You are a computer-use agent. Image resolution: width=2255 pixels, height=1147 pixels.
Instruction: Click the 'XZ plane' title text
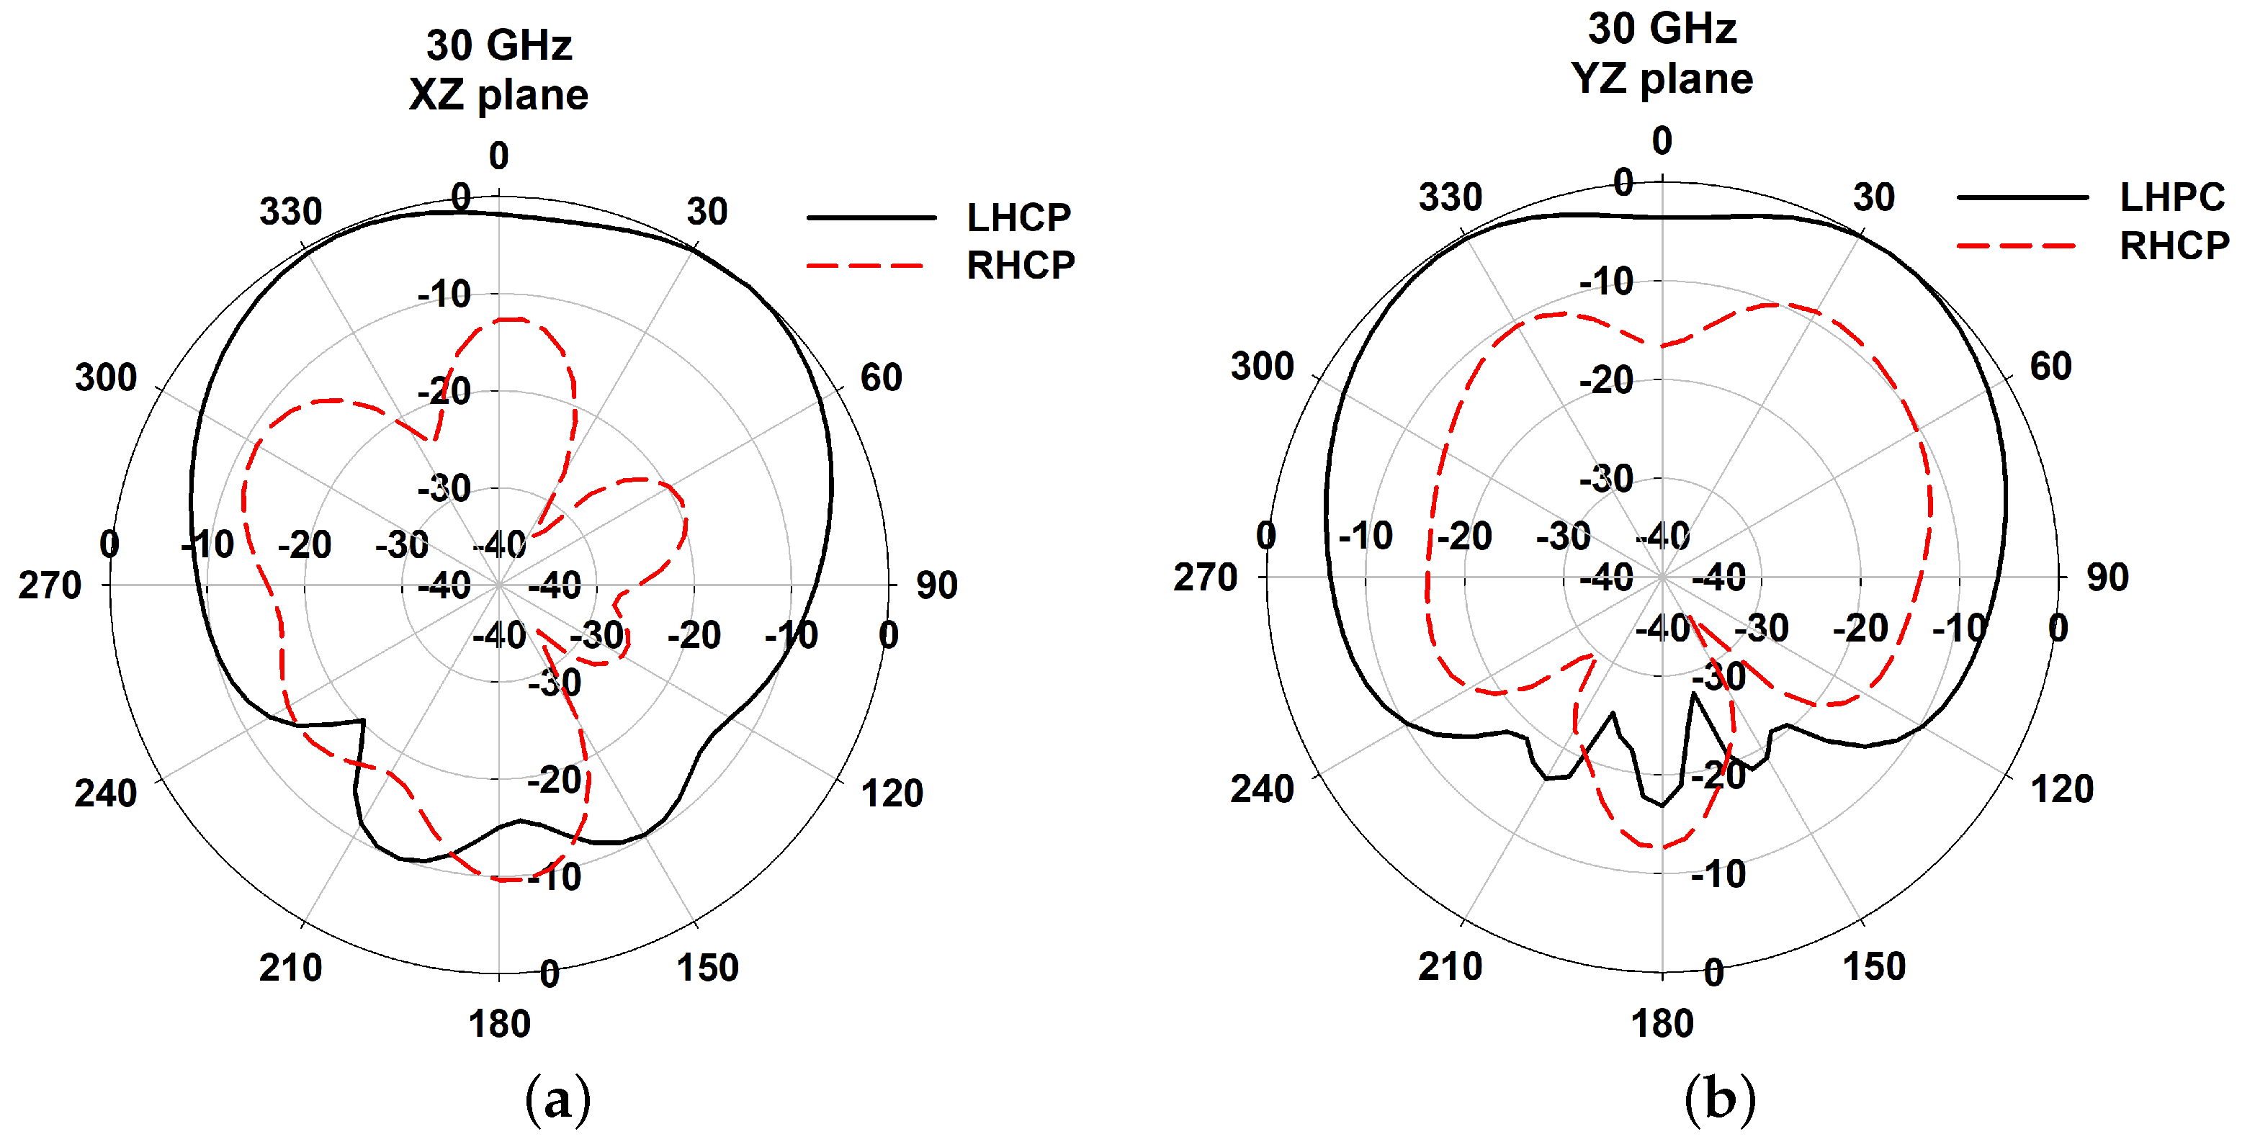tap(498, 94)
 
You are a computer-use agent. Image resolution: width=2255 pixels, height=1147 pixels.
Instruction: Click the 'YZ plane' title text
tap(1661, 78)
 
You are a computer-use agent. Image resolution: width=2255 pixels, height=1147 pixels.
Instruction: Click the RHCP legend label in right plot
tap(2174, 246)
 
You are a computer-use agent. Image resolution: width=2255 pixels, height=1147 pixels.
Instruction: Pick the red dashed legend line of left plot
tap(865, 265)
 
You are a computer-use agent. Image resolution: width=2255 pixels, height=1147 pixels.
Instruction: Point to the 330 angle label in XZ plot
tap(291, 212)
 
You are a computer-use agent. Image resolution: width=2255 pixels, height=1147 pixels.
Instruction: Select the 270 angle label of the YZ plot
tap(1204, 577)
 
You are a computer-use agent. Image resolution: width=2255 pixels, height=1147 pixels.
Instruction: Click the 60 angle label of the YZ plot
tap(2050, 366)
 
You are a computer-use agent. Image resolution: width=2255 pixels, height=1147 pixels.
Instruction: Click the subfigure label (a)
tap(557, 1099)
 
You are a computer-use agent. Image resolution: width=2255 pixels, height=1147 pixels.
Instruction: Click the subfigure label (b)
tap(1719, 1099)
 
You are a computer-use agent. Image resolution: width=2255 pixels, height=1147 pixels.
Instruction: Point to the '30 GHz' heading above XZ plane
tap(499, 45)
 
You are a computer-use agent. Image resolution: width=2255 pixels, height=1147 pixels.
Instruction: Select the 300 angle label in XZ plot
tap(106, 378)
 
